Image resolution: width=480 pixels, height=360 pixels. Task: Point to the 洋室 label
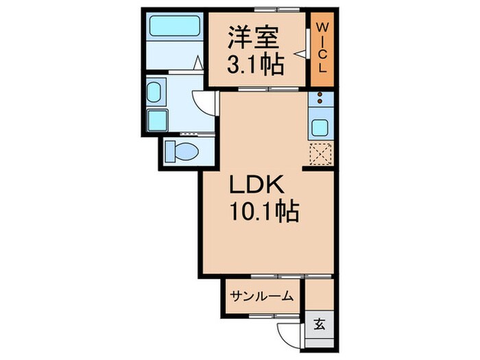point(254,34)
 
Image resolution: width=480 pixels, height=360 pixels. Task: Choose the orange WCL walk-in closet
point(322,49)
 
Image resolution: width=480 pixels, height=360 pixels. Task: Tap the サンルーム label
point(261,296)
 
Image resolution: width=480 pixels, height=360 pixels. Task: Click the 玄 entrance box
point(320,324)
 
